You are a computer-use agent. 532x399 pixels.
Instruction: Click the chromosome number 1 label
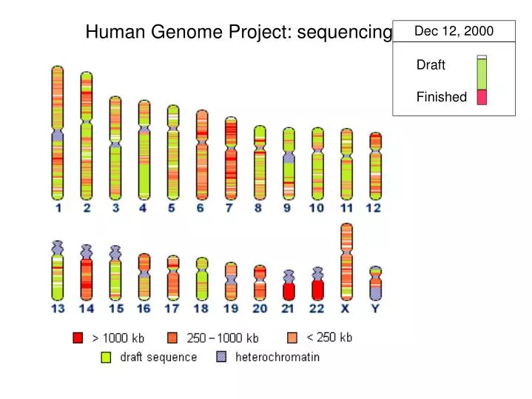[x=58, y=208]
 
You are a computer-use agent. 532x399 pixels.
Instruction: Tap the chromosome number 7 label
[x=229, y=208]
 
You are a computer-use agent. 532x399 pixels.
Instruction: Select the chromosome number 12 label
[x=374, y=208]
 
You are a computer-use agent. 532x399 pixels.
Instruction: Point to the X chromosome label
[x=346, y=308]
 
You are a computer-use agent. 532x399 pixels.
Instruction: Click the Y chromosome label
[x=375, y=308]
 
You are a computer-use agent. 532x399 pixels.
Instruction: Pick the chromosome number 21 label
[x=289, y=308]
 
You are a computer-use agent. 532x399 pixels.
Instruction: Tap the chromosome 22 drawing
[x=318, y=284]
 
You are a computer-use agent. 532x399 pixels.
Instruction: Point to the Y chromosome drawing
[x=375, y=283]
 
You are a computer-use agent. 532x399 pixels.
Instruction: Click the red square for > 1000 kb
[x=78, y=338]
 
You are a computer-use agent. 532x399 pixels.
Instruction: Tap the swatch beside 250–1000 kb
[x=172, y=338]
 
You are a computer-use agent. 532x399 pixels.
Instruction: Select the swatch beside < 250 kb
[x=292, y=338]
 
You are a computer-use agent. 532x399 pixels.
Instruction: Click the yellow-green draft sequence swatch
[x=106, y=358]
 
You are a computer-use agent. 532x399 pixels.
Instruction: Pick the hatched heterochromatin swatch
[x=221, y=357]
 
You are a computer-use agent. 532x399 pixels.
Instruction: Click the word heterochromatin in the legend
[x=277, y=358]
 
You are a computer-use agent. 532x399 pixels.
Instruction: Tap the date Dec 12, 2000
[x=454, y=31]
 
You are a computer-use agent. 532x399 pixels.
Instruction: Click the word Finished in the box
[x=441, y=97]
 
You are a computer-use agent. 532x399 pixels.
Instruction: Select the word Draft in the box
[x=431, y=65]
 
